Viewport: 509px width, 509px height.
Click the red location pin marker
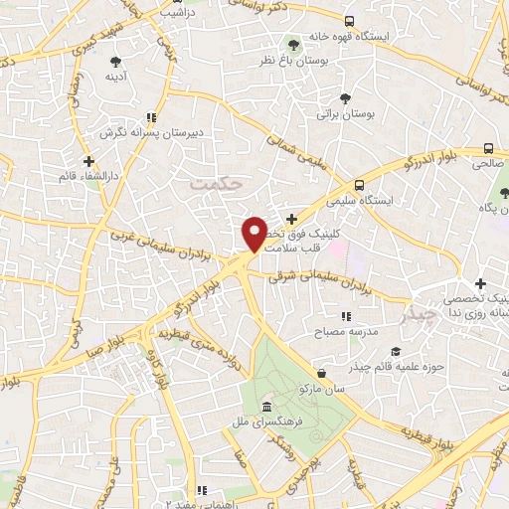[x=254, y=234]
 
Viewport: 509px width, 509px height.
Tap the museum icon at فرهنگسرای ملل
[x=267, y=407]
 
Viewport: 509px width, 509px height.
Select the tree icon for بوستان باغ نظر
[x=294, y=45]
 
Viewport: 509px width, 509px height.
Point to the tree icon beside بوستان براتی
[x=345, y=98]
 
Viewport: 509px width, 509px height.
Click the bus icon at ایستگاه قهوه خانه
[x=348, y=21]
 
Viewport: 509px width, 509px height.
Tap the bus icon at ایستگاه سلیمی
[x=359, y=185]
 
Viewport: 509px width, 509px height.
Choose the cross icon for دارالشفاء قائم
[x=88, y=160]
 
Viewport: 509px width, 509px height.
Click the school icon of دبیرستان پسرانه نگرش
[x=150, y=117]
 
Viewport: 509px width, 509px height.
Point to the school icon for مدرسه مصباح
[x=345, y=317]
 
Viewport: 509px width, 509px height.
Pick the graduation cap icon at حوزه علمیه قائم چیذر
[x=396, y=352]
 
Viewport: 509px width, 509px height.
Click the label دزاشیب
[x=188, y=13]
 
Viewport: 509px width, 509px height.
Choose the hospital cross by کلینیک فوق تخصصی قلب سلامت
[x=290, y=219]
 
